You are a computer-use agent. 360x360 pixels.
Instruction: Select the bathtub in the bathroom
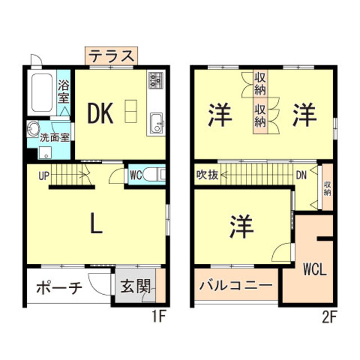(41, 92)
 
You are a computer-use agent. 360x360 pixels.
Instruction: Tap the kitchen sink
(155, 120)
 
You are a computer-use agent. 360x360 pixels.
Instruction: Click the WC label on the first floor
(136, 175)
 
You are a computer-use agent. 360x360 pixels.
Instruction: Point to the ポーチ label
(59, 288)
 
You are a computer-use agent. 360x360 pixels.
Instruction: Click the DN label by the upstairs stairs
(302, 175)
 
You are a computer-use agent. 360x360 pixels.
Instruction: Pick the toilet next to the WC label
(155, 175)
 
